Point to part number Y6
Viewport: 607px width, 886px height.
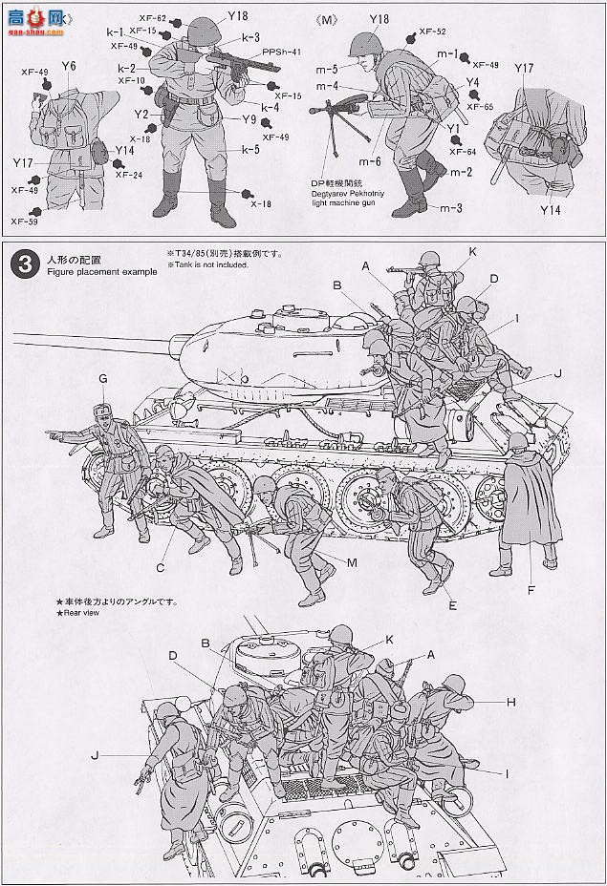point(68,66)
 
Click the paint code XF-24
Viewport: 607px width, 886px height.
point(129,175)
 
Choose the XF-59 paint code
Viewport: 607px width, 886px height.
point(24,221)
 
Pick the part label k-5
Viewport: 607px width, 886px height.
point(250,149)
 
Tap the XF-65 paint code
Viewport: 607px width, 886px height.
point(480,107)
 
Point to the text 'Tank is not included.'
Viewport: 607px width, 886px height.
point(211,264)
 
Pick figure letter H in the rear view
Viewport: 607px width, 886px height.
point(511,702)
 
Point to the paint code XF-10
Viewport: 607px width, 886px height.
point(133,80)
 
